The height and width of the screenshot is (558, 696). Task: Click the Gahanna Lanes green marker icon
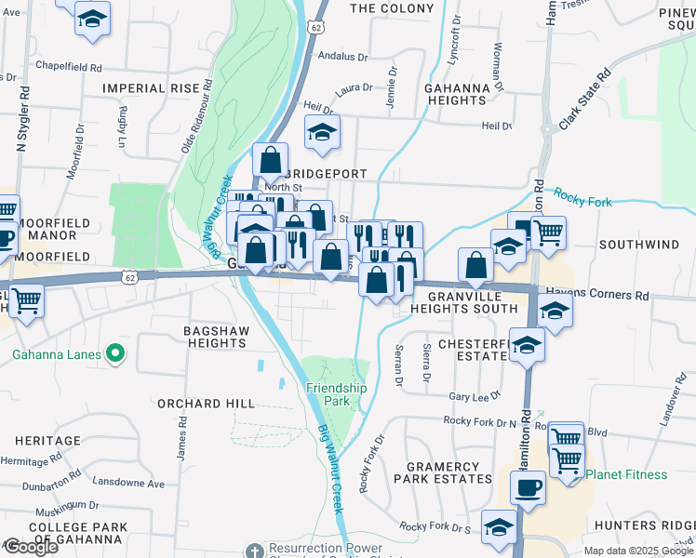115,352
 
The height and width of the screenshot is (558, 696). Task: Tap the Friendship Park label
337,395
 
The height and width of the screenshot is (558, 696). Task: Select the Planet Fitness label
626,474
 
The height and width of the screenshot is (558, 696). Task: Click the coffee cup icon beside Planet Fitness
529,488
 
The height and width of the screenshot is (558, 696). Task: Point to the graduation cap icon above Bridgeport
322,134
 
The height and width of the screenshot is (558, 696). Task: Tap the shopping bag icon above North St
270,161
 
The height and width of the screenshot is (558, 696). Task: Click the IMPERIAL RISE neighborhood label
151,87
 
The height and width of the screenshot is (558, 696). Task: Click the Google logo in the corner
32,546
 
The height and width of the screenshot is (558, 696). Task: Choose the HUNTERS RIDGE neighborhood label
644,525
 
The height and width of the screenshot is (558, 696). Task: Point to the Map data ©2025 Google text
637,551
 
